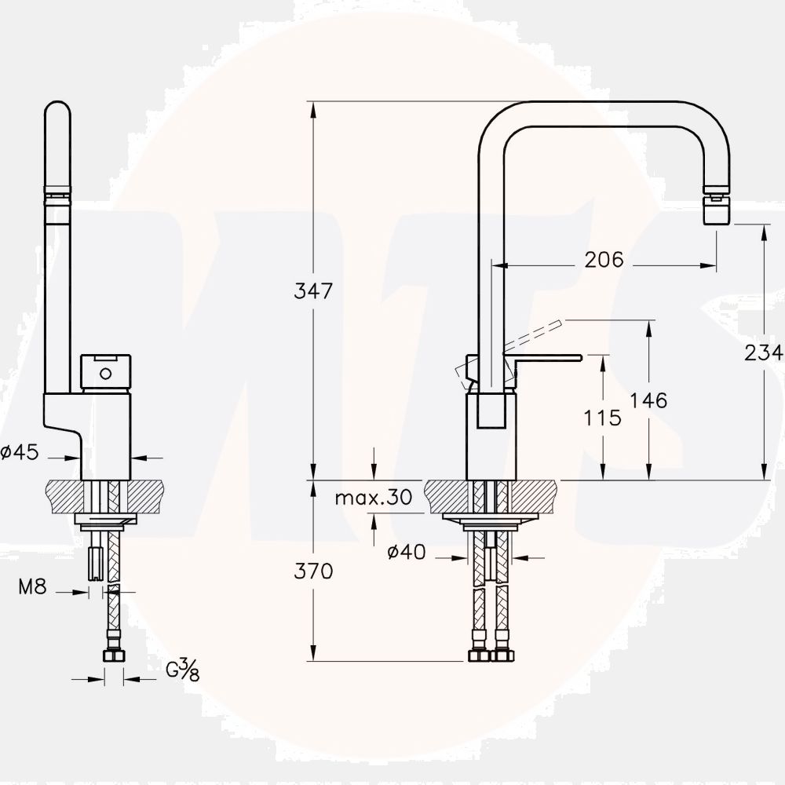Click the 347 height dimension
coord(314,290)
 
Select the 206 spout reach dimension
coord(604,260)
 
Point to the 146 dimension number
coord(648,400)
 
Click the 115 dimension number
coord(602,418)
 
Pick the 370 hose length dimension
coord(314,571)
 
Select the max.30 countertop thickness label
coord(373,497)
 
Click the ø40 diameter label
coord(406,553)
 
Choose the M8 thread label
coord(32,586)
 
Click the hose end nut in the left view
coord(115,655)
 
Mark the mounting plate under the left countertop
coord(105,520)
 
